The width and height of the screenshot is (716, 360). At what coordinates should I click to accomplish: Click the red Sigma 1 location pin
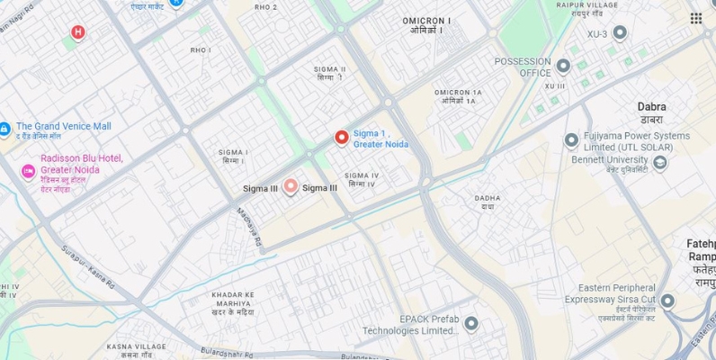[x=342, y=138]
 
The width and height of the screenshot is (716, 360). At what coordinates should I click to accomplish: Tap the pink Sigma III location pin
[x=290, y=186]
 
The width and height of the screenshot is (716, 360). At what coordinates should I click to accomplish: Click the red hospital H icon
[x=78, y=33]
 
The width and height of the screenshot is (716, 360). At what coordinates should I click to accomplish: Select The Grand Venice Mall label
[x=63, y=126]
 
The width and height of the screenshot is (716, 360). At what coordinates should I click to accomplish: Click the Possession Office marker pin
[x=563, y=66]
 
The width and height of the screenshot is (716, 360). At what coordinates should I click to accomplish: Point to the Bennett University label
[x=609, y=160]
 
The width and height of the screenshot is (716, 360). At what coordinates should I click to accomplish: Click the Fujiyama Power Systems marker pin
[x=571, y=140]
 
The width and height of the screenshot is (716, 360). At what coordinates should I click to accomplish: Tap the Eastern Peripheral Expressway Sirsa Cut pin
[x=667, y=301]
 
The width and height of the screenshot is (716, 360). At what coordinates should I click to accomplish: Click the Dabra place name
[x=651, y=106]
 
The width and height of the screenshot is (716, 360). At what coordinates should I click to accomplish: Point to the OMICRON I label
[x=427, y=20]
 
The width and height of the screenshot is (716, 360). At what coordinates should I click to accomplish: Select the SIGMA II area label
[x=330, y=68]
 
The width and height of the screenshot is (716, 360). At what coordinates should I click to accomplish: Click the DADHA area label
[x=488, y=198]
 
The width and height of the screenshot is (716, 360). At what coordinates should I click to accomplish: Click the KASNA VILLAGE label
[x=136, y=346]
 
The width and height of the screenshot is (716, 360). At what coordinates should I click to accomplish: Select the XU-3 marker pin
[x=620, y=33]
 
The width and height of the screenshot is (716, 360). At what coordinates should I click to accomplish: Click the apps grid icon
[x=696, y=18]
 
